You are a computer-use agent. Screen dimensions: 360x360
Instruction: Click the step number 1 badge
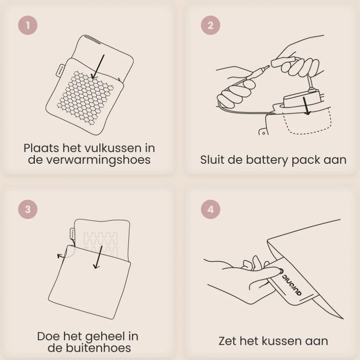tap(28, 25)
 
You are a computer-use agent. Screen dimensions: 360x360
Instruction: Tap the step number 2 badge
tap(210, 25)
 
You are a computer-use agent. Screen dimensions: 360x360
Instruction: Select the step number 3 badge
tap(28, 209)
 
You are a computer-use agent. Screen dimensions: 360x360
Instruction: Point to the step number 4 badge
tap(210, 209)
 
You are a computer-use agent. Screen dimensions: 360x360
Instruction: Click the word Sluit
tap(212, 160)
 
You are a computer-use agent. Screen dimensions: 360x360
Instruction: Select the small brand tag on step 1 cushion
tap(60, 70)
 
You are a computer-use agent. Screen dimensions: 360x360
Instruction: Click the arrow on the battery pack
tap(306, 106)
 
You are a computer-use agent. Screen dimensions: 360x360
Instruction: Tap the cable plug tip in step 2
tap(267, 67)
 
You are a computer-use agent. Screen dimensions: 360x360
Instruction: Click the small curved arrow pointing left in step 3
tap(61, 256)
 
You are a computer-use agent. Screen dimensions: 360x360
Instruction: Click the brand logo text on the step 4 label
tap(292, 283)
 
